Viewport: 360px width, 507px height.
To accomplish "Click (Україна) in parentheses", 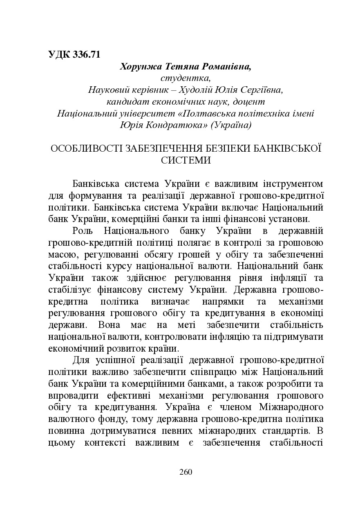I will coord(231,125).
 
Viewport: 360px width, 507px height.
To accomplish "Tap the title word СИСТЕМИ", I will coord(186,160).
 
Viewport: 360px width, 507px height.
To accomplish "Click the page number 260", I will coord(186,472).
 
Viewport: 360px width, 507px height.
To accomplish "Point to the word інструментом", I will coord(293,182).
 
